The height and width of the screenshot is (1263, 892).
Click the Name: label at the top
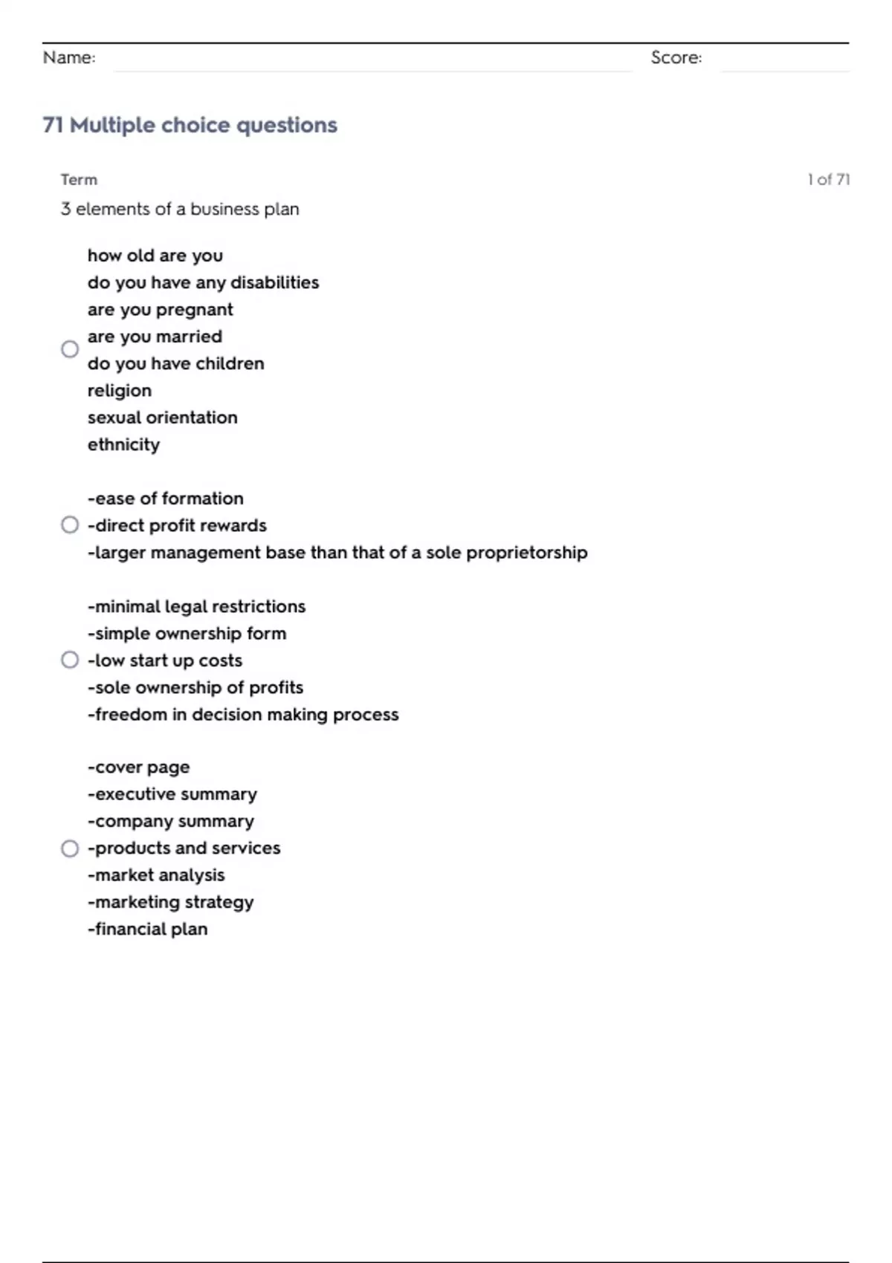pos(69,57)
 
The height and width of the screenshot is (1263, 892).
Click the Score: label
pos(676,57)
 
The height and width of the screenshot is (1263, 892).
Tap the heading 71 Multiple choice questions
pos(190,125)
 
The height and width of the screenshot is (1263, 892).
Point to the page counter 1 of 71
pos(828,179)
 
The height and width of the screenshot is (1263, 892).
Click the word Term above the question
pos(79,179)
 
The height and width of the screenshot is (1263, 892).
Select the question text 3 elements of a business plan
pos(180,209)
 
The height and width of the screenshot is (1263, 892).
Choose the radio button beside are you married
pos(70,349)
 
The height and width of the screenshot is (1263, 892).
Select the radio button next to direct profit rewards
pos(70,525)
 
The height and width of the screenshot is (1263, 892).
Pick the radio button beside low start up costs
pos(70,660)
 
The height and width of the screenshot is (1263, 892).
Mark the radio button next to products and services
pos(70,848)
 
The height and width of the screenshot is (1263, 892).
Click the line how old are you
pos(155,256)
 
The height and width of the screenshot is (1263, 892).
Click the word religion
pos(119,391)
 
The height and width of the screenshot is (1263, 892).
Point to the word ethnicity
pos(123,444)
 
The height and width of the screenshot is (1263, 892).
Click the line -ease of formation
pos(165,499)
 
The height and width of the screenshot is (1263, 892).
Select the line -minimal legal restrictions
pos(196,606)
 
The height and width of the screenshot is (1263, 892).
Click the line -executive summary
pos(172,794)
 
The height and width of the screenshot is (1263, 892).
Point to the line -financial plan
pos(147,929)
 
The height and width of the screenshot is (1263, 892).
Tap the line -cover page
pos(138,767)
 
